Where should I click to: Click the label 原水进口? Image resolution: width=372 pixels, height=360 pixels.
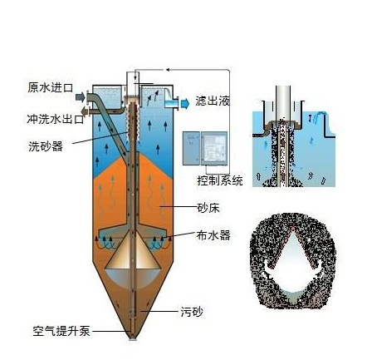(x=50, y=87)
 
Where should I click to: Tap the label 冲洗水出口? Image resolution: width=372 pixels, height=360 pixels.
(x=56, y=119)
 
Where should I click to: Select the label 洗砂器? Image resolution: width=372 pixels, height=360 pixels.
(x=46, y=146)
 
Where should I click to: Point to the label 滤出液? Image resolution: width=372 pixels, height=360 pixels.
(x=213, y=101)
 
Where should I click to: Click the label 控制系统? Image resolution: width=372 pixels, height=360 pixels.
(x=220, y=180)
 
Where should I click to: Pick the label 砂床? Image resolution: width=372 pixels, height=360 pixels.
(x=208, y=208)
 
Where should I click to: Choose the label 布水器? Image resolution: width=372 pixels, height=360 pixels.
(x=213, y=235)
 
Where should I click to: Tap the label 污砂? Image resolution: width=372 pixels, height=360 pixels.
(x=192, y=312)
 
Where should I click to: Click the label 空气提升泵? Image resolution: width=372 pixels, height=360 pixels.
(x=61, y=331)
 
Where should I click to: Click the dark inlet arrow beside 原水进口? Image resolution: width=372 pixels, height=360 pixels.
(x=81, y=96)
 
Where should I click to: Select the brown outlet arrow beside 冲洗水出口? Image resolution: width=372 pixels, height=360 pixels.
(x=84, y=111)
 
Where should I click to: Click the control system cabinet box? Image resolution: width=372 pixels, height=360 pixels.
(x=205, y=149)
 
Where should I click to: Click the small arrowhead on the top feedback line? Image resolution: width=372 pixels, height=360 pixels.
(x=168, y=70)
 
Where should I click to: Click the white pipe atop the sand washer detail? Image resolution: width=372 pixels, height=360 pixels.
(x=283, y=102)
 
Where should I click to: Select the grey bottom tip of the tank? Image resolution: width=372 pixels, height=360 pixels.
(x=133, y=338)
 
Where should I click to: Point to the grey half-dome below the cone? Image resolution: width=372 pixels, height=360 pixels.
(x=132, y=277)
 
